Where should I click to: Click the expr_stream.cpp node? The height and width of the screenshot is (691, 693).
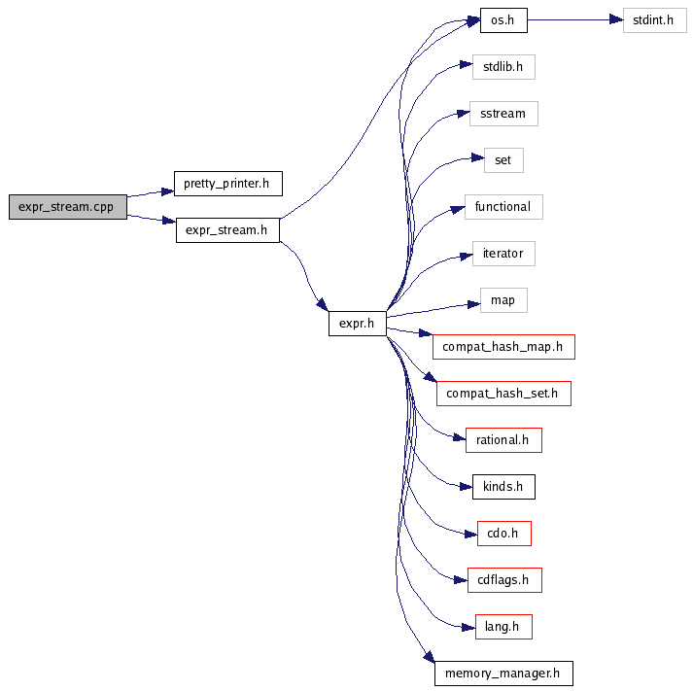point(67,207)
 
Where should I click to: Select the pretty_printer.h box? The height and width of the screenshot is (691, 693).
point(227,183)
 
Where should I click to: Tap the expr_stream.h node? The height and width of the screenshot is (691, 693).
point(227,230)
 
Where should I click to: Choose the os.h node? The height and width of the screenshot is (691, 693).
point(502,19)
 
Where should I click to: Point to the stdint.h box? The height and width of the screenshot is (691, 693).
point(655,19)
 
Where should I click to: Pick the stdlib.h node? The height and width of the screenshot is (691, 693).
point(502,67)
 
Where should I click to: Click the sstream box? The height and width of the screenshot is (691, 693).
point(502,114)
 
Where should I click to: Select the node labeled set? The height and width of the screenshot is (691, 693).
point(502,160)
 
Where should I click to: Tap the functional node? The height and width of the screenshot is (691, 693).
point(502,207)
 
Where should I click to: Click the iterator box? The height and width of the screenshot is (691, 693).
point(502,254)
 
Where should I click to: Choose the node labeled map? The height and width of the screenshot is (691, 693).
point(502,300)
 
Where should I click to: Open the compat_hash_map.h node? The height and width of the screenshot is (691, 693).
point(502,347)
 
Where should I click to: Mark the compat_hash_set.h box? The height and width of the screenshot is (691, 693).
point(502,394)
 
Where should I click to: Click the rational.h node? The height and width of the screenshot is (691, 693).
point(502,440)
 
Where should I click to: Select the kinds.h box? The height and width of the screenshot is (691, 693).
point(502,487)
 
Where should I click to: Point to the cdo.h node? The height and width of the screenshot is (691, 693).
point(502,534)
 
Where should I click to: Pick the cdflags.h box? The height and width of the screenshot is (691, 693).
point(502,580)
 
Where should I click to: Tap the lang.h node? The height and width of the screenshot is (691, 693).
point(502,627)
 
